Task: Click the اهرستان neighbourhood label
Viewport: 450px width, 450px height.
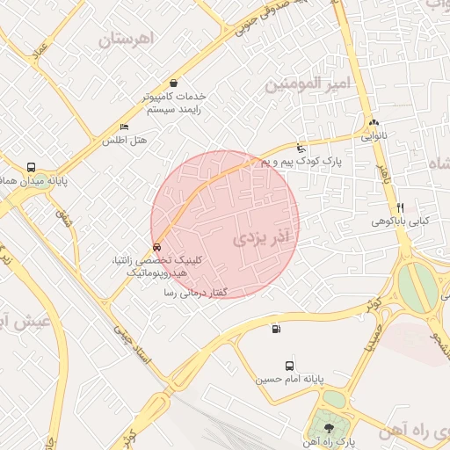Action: tap(127, 39)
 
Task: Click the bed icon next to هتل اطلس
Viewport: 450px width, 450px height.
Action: tap(124, 127)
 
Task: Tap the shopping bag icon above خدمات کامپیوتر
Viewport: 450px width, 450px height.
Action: tap(172, 83)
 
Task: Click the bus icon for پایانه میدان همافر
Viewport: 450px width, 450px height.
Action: tap(32, 167)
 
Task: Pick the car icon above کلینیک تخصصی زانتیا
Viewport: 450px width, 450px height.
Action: tap(156, 247)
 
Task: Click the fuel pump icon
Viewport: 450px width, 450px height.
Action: tap(277, 330)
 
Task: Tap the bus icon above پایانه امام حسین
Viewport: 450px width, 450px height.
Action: tap(289, 366)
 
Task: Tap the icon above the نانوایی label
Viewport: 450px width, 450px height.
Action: tap(374, 123)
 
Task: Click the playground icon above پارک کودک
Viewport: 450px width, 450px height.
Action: tap(302, 148)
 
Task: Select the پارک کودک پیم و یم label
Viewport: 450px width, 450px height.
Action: tap(300, 162)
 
